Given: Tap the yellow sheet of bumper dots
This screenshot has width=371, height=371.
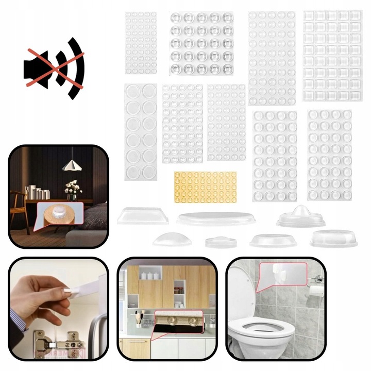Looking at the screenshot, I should (x=205, y=187).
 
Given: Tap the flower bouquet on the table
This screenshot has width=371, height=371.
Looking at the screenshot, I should (x=73, y=187).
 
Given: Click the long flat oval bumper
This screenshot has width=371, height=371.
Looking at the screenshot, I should (x=217, y=218).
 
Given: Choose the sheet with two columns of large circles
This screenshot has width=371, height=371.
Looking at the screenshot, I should (x=141, y=132).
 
